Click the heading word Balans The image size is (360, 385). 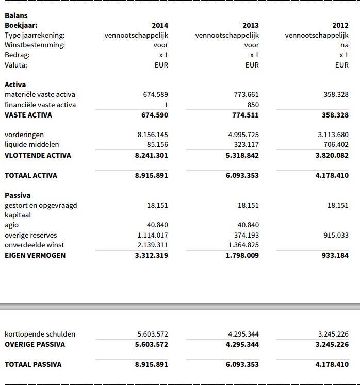click(x=16, y=15)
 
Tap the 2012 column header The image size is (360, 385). click(x=340, y=25)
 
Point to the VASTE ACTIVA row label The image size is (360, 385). click(x=28, y=115)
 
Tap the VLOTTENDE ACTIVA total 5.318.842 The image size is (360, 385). click(x=243, y=155)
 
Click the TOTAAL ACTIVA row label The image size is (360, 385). click(x=30, y=175)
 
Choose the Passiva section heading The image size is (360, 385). click(x=18, y=195)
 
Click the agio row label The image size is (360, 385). click(x=11, y=225)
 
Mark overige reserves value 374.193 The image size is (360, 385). click(x=246, y=235)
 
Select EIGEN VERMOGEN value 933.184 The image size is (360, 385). click(x=335, y=255)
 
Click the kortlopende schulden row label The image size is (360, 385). click(x=40, y=334)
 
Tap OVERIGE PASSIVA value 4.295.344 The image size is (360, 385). click(x=242, y=344)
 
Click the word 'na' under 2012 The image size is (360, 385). click(x=345, y=45)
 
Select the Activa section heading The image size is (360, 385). click(x=15, y=85)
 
